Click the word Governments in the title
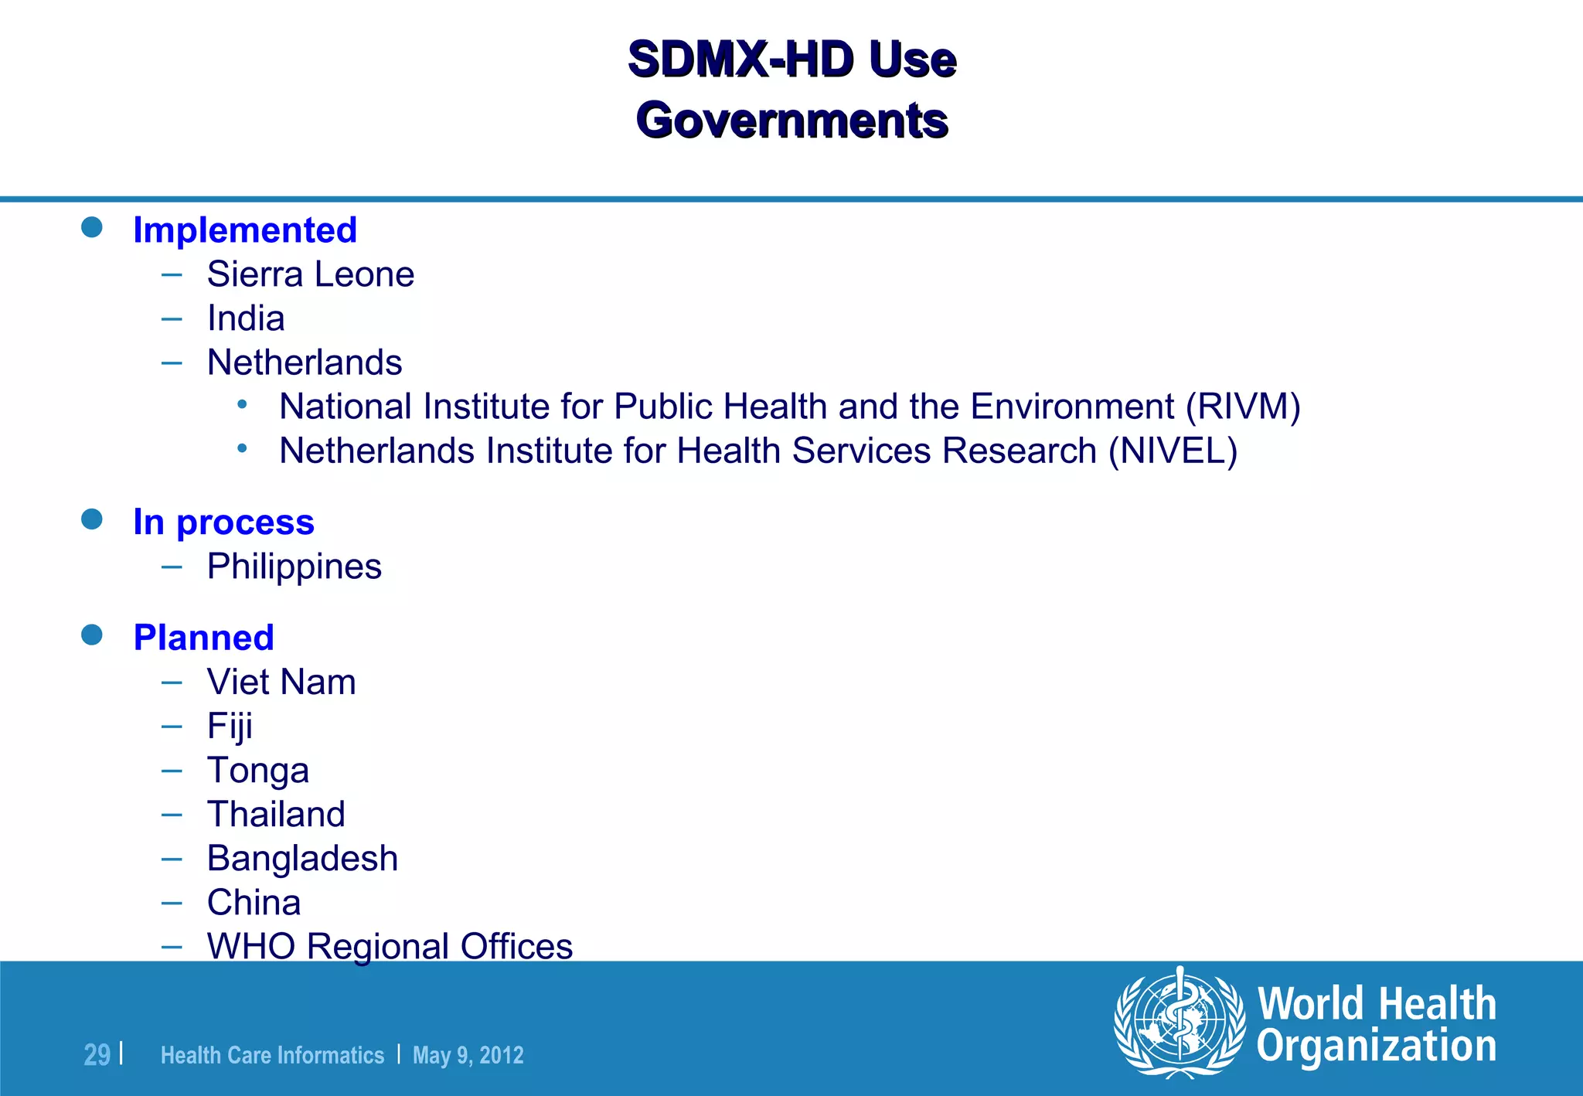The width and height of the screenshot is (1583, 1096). (x=791, y=121)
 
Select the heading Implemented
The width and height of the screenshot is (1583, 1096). (x=245, y=230)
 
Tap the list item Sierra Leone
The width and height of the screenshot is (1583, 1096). (x=310, y=274)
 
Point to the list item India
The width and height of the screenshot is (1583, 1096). (x=246, y=318)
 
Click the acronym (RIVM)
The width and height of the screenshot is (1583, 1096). (x=1244, y=407)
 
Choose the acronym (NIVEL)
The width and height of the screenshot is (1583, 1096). (x=1173, y=451)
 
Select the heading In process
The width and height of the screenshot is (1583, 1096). (x=223, y=522)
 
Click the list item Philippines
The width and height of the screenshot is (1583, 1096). (x=294, y=567)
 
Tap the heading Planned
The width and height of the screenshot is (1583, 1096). (x=203, y=638)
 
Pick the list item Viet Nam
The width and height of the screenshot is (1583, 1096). (x=281, y=682)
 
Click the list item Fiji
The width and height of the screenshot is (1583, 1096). (x=230, y=727)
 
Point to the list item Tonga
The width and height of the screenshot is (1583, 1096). (x=257, y=771)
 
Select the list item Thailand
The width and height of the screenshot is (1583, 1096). (x=276, y=815)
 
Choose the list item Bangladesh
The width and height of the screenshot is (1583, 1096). (x=302, y=859)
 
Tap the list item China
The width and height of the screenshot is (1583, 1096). (x=254, y=903)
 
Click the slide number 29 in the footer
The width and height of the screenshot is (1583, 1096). (x=97, y=1055)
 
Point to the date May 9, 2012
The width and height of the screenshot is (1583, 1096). (x=468, y=1055)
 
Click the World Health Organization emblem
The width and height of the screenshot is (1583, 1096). (x=1180, y=1023)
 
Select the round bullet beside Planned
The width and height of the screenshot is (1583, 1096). (x=92, y=635)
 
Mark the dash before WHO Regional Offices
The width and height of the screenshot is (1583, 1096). (x=172, y=946)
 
